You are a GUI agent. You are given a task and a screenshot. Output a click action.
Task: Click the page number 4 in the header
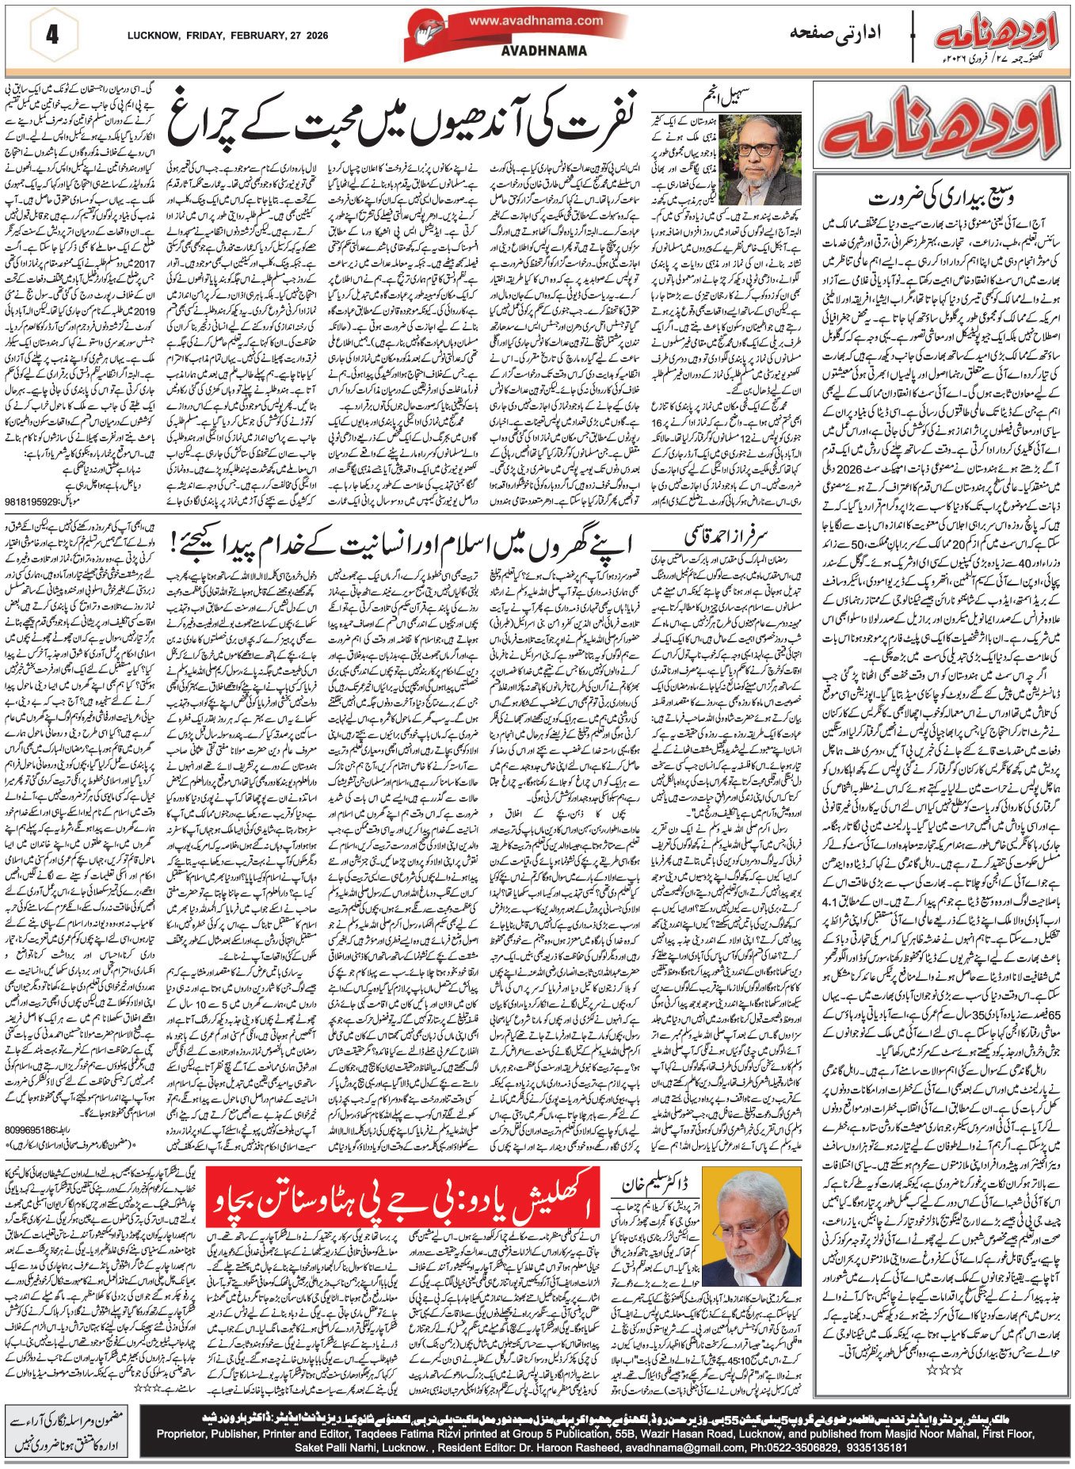point(52,36)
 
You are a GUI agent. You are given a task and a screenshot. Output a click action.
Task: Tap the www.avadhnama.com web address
point(536,21)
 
